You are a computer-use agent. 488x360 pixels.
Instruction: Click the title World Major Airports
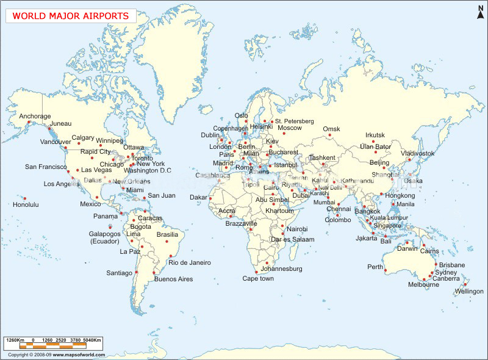click(71, 16)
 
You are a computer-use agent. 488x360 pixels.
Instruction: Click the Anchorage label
click(35, 116)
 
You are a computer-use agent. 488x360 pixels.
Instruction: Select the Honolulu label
click(26, 204)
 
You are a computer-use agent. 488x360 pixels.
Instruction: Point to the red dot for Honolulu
click(25, 198)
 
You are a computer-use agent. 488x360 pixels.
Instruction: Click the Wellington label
click(468, 291)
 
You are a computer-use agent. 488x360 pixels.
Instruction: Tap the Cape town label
click(258, 278)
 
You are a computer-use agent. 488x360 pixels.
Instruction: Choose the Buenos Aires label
click(173, 279)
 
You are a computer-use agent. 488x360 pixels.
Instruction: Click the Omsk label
click(331, 129)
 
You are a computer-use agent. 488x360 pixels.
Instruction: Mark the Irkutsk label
click(375, 135)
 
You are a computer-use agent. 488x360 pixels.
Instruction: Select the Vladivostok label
click(418, 153)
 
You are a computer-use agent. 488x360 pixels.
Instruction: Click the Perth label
click(375, 267)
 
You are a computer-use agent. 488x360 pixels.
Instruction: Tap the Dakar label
click(198, 197)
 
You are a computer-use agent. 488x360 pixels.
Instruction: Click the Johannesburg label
click(281, 268)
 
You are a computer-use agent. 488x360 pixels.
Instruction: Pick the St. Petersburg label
click(294, 121)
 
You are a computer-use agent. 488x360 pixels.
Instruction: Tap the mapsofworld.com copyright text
click(57, 355)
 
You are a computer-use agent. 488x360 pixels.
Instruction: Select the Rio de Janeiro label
click(190, 262)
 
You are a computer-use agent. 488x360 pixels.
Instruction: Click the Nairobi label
click(297, 229)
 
